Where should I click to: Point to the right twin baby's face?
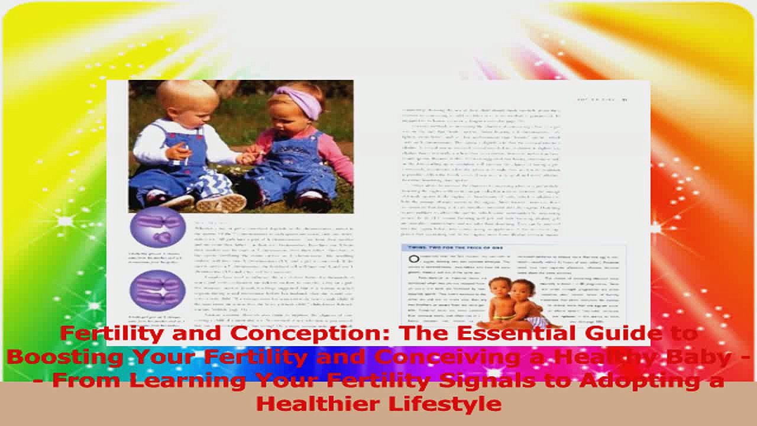click(x=520, y=292)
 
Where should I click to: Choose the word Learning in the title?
click(x=178, y=380)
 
